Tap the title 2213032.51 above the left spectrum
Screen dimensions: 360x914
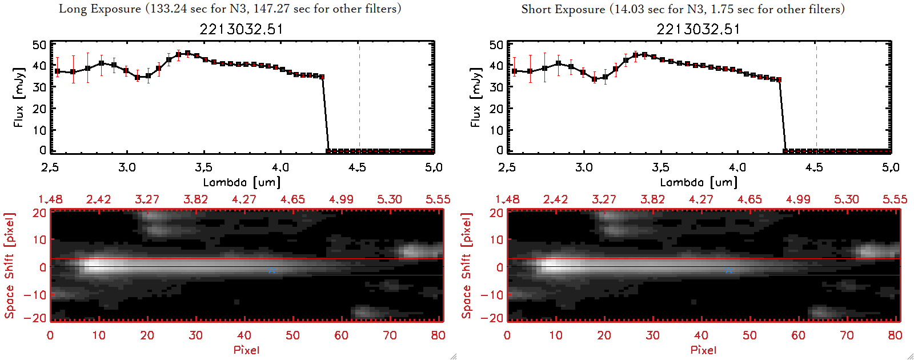pos(241,29)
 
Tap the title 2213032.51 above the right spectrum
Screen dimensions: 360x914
pos(698,29)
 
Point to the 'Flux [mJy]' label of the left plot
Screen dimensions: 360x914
pos(19,98)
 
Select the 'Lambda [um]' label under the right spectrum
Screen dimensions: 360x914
pos(699,182)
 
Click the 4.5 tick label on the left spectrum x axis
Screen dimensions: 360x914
pos(358,167)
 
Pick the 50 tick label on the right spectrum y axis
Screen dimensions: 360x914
pos(496,45)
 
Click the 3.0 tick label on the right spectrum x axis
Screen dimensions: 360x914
pos(584,167)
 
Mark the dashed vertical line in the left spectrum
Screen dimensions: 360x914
pos(359,97)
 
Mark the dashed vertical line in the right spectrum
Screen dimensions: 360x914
pos(816,97)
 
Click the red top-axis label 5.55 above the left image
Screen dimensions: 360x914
pos(438,199)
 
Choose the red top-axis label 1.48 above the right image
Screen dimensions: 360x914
pos(507,199)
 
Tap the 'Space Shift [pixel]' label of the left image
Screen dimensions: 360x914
pos(9,266)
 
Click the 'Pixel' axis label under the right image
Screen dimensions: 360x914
pos(703,350)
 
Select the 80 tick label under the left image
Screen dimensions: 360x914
pos(438,335)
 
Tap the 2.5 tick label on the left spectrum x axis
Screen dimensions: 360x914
pos(50,167)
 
